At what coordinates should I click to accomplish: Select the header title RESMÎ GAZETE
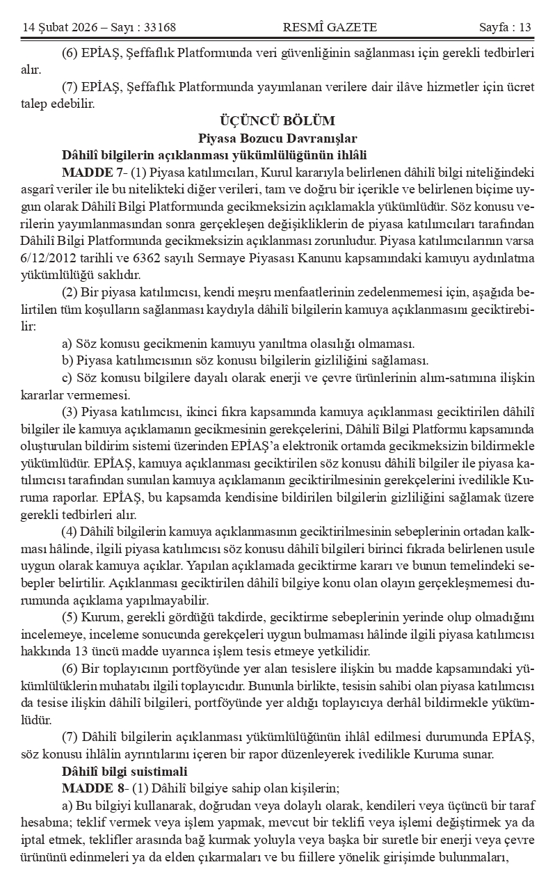[330, 27]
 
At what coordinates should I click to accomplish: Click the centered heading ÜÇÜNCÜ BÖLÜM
[277, 121]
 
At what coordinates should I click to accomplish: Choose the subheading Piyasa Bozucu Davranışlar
[277, 138]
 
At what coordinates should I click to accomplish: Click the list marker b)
[67, 360]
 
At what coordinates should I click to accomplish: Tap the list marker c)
[67, 378]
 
